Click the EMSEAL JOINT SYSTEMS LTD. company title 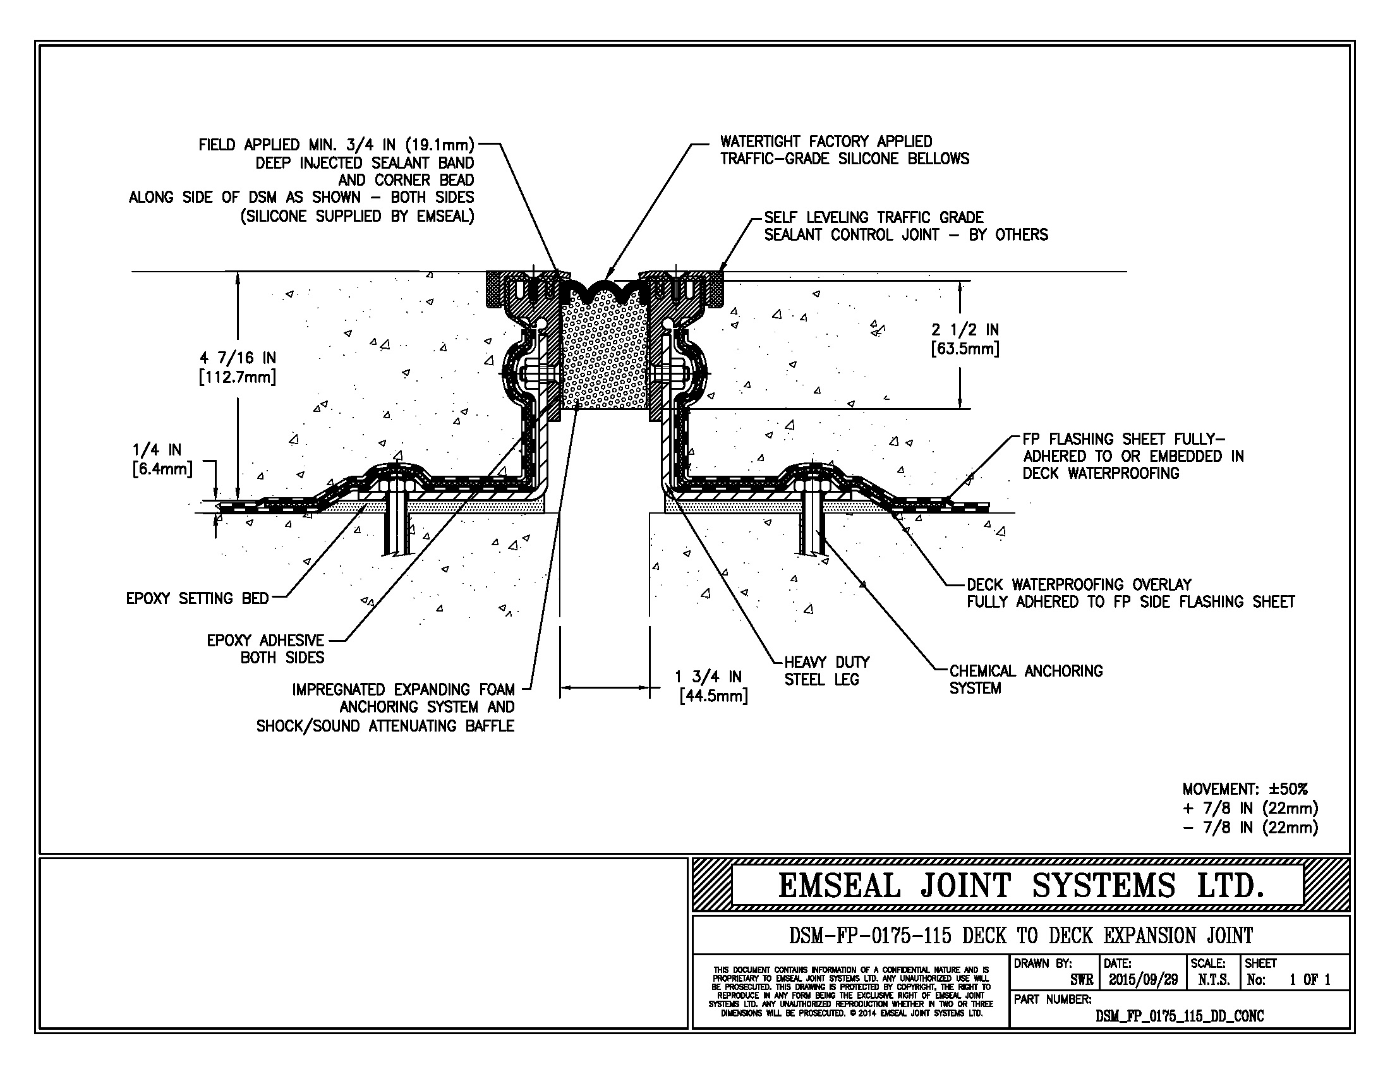(x=1020, y=886)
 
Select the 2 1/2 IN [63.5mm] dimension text (x=965, y=339)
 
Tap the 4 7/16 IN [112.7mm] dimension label (x=238, y=367)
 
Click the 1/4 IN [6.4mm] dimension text (x=162, y=459)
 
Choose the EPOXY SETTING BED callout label (x=197, y=598)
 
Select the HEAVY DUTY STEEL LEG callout (x=826, y=670)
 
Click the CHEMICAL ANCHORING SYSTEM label (x=1025, y=679)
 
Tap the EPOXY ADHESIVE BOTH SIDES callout (x=265, y=648)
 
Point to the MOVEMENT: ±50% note (x=1244, y=789)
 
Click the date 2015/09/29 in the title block (x=1143, y=980)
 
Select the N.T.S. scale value (x=1214, y=980)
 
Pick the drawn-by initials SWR (x=1081, y=980)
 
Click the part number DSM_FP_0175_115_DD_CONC (x=1180, y=1016)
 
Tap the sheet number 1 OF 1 (x=1309, y=980)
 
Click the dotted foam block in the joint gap (x=604, y=356)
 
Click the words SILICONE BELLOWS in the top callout (x=903, y=159)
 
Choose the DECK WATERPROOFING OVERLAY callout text (x=1079, y=584)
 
